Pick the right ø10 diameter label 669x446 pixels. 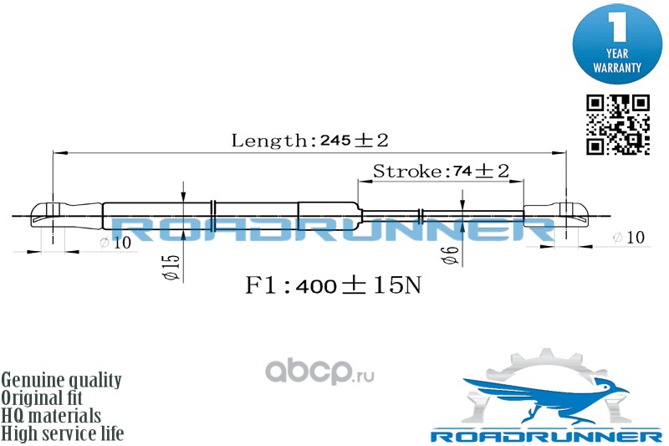[628, 238]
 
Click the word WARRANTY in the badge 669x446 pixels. [617, 66]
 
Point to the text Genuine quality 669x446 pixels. [62, 381]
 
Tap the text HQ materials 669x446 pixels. [52, 416]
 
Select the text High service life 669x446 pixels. [63, 433]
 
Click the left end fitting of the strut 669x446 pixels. [50, 216]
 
